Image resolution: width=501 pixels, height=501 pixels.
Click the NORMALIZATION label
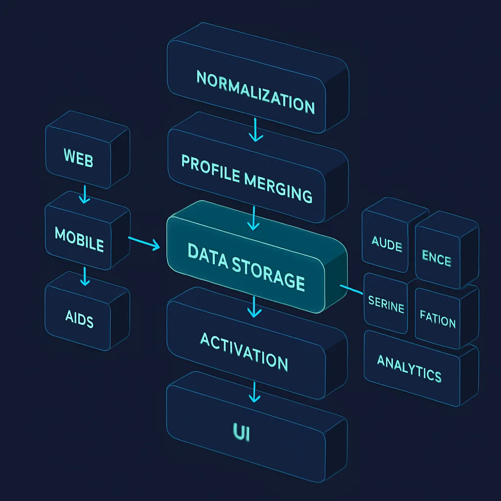pos(255,91)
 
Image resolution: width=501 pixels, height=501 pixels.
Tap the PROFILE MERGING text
pos(247,178)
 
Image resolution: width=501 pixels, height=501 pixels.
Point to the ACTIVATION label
pos(244,351)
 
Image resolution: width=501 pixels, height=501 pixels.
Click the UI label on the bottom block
pos(241,432)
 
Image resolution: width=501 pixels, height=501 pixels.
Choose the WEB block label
pos(78,158)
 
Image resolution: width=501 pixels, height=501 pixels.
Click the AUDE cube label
pos(387,243)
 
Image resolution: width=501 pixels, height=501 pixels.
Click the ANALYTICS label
pos(409,368)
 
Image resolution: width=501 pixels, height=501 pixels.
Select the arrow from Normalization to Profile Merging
pos(255,130)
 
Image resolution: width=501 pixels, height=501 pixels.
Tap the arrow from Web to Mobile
pos(85,194)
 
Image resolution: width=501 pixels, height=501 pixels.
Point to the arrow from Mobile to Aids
pos(85,276)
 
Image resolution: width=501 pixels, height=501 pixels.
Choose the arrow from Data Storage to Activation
pos(253,306)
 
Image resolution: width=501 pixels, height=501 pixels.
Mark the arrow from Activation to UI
pos(253,392)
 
